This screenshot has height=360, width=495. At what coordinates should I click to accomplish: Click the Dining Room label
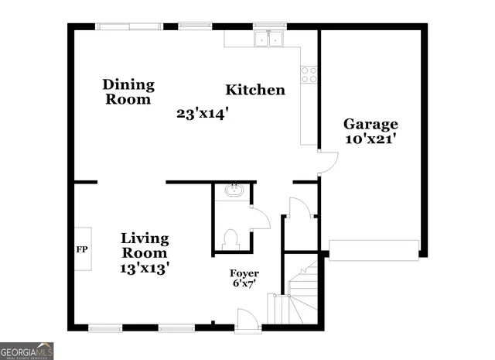128,91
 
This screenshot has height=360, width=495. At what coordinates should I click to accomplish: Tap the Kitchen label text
255,91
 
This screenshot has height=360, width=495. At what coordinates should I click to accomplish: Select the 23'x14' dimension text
203,114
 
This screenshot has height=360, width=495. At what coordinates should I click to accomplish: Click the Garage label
370,124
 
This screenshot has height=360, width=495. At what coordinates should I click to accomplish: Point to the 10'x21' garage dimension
370,139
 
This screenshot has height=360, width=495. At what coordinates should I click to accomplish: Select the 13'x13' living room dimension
144,268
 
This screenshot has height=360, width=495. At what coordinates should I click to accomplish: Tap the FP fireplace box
81,249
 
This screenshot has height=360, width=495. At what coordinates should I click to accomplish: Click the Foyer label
244,274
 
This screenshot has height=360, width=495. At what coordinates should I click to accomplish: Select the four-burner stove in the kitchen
309,74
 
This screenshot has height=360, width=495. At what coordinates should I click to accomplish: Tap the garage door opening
374,249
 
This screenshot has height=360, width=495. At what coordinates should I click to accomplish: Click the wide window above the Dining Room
129,26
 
